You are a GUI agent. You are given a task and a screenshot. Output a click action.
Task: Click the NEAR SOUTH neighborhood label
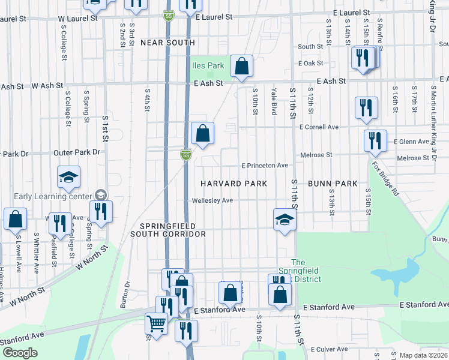(x=167, y=43)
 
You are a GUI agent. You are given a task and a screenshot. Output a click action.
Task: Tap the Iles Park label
(x=207, y=65)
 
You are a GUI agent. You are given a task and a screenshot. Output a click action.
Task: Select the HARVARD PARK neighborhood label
(x=233, y=183)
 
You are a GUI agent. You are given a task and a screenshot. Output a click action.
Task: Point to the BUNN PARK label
(x=333, y=183)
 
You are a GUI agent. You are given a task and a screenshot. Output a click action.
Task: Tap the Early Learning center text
(x=51, y=196)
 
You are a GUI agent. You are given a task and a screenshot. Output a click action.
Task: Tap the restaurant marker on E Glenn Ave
(x=375, y=140)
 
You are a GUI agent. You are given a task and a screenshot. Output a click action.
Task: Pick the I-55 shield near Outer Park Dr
(x=187, y=155)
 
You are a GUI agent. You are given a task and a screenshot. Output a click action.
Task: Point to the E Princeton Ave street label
(x=265, y=165)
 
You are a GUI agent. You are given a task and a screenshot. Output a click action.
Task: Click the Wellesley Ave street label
(x=212, y=200)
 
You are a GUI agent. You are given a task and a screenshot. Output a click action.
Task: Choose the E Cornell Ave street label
(x=319, y=127)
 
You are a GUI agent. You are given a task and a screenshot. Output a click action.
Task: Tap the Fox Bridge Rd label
(x=385, y=179)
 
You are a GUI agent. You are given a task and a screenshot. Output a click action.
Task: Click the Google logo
(x=20, y=353)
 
